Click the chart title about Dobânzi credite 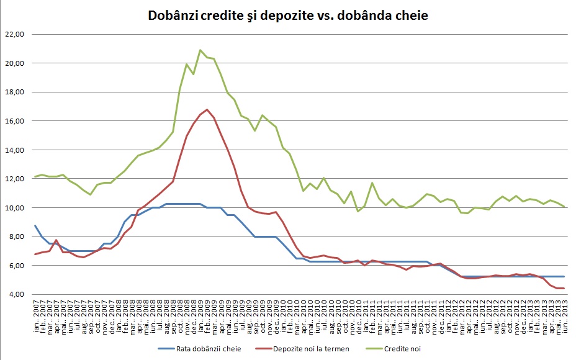click(x=288, y=15)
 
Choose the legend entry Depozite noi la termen click(x=312, y=349)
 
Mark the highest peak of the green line click(x=200, y=50)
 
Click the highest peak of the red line click(x=207, y=109)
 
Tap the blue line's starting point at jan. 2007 click(x=35, y=225)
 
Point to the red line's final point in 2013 click(x=562, y=288)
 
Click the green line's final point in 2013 click(x=562, y=207)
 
